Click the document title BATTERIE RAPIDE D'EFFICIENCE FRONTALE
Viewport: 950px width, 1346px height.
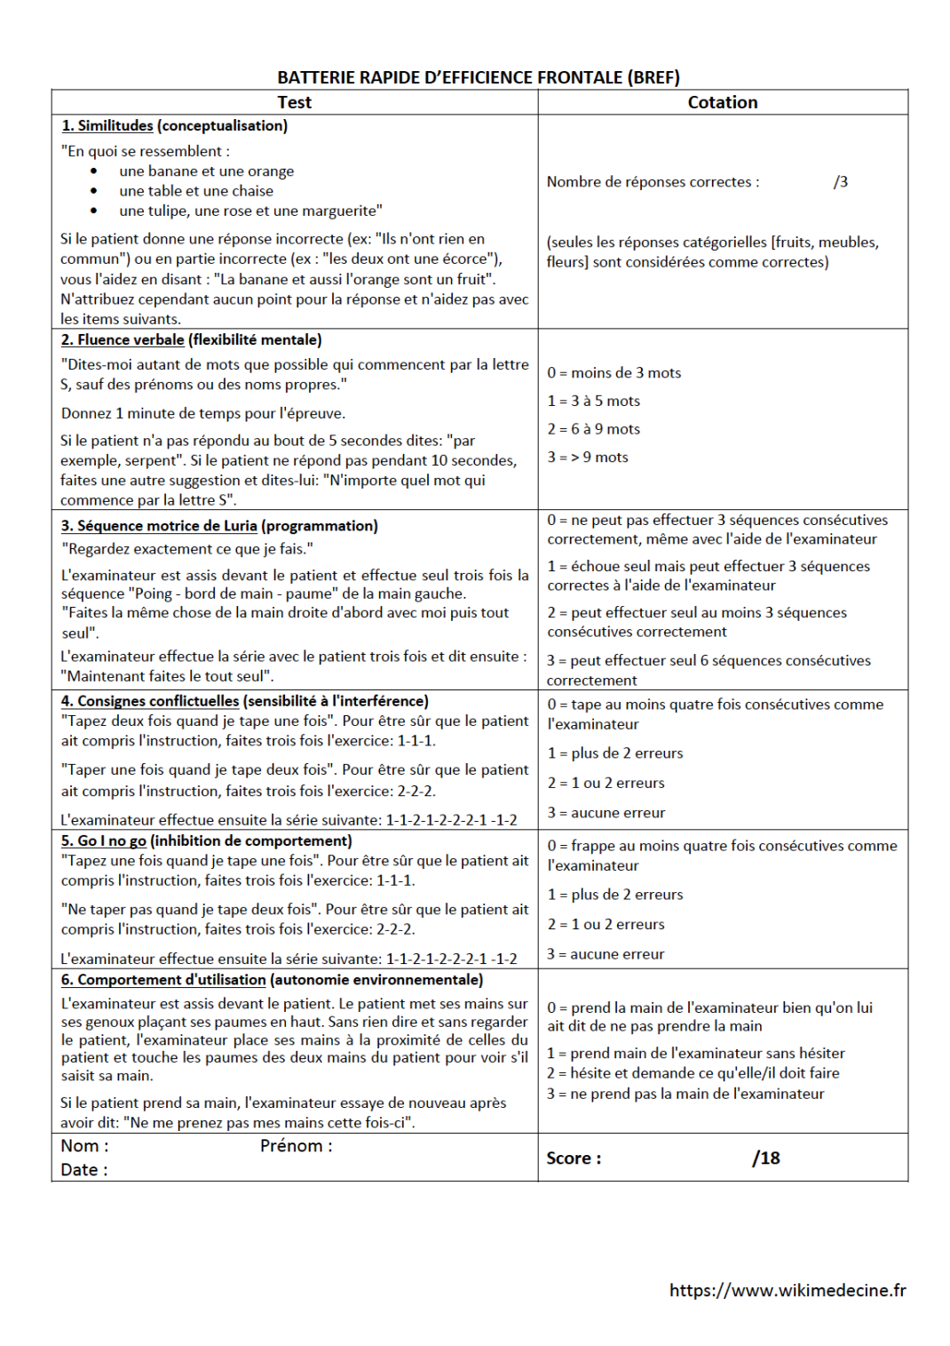click(x=478, y=77)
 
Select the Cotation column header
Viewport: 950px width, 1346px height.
click(x=722, y=102)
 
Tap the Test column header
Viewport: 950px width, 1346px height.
click(x=294, y=102)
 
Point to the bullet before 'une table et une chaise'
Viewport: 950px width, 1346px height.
click(x=94, y=191)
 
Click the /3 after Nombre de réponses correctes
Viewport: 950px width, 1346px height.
click(x=840, y=181)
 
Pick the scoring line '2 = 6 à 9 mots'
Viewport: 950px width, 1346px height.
click(x=593, y=429)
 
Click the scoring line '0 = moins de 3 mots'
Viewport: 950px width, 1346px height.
click(x=614, y=372)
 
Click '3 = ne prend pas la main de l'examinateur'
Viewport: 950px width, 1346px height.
click(x=685, y=1094)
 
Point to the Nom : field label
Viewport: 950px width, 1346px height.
click(x=84, y=1146)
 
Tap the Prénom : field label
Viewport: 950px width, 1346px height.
click(x=296, y=1146)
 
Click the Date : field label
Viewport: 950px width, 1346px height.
click(x=83, y=1170)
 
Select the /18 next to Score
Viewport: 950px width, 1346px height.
click(x=765, y=1158)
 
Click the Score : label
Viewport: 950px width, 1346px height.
click(x=574, y=1158)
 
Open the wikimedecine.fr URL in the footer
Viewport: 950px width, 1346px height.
click(x=788, y=1290)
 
